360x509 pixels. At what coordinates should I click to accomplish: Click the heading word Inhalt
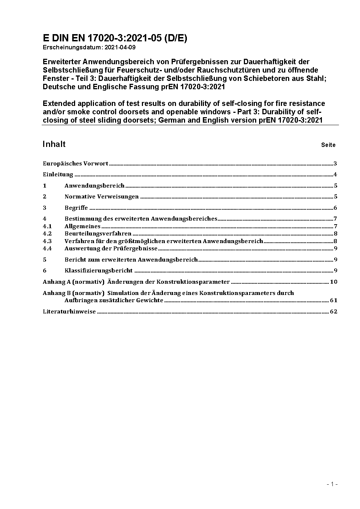click(x=54, y=144)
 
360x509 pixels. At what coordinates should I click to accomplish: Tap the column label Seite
click(x=328, y=145)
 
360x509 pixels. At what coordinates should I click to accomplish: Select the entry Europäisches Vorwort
click(x=75, y=164)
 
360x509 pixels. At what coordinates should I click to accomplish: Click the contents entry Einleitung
click(x=58, y=175)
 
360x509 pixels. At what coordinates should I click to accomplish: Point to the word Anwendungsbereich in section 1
click(x=94, y=186)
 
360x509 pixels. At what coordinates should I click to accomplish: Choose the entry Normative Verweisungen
click(x=102, y=197)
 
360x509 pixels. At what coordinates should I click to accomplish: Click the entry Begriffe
click(x=76, y=208)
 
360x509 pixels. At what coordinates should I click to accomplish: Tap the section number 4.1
click(x=47, y=226)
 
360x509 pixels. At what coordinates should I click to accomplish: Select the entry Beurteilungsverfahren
click(x=98, y=234)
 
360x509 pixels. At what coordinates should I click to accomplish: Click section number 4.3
click(x=47, y=241)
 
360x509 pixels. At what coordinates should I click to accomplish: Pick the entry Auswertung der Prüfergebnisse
click(x=111, y=249)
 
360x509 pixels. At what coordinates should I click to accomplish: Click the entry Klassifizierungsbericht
click(x=99, y=271)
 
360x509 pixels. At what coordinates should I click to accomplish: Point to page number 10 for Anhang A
click(x=334, y=282)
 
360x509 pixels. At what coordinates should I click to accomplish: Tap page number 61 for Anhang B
click(x=334, y=300)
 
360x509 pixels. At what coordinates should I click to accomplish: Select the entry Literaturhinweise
click(x=69, y=312)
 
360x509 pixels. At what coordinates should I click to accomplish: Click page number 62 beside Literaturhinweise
click(x=334, y=312)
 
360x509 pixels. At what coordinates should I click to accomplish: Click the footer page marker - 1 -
click(x=332, y=484)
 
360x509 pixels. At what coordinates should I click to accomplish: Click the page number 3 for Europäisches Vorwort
click(x=336, y=164)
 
